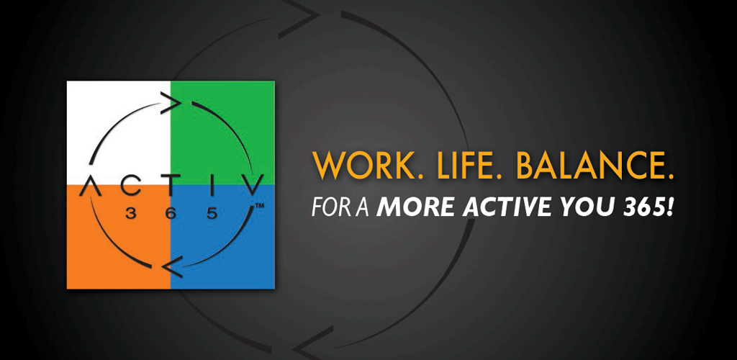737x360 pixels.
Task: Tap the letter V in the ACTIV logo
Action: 248,186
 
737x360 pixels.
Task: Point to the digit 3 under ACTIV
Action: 130,213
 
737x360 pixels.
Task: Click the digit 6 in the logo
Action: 171,213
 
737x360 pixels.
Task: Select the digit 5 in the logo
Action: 212,213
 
